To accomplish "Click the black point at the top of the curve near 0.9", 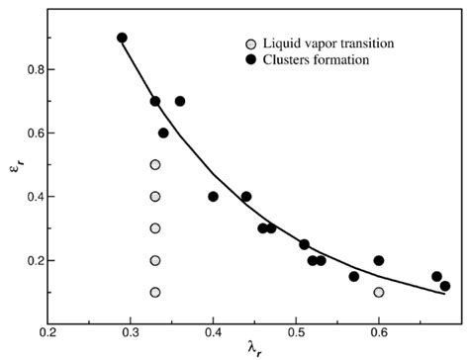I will tap(122, 38).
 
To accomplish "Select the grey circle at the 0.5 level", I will tap(155, 164).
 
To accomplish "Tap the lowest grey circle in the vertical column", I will tap(155, 292).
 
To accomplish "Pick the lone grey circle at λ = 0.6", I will tap(379, 292).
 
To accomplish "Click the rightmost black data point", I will tap(445, 286).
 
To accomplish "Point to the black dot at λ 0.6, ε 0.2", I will tap(379, 260).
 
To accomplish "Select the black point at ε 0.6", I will tap(163, 133).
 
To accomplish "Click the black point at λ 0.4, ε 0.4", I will tap(213, 196).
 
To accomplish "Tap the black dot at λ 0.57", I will tap(354, 276).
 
